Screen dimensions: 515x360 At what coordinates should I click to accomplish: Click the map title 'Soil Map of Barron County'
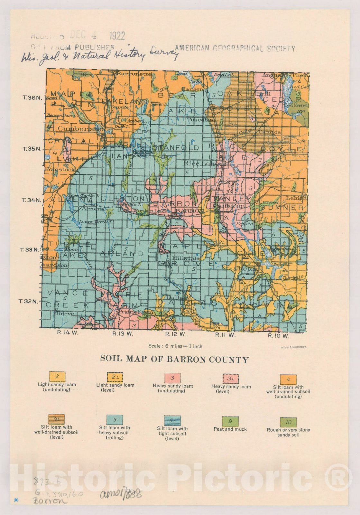click(174, 359)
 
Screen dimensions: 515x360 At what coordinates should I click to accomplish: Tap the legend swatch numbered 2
click(57, 376)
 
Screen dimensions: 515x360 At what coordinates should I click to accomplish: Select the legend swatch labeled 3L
click(231, 379)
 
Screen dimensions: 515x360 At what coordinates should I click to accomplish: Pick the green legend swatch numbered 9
click(230, 421)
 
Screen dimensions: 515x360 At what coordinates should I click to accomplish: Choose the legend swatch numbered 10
click(288, 422)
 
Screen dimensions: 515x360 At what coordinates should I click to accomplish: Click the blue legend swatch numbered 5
click(114, 420)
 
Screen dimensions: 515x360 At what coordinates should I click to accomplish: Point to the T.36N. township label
click(32, 98)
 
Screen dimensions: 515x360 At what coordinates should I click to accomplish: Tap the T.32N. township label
click(28, 302)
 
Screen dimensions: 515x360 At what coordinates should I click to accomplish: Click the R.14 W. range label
click(68, 332)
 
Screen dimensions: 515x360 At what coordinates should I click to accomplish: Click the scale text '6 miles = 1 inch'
click(175, 346)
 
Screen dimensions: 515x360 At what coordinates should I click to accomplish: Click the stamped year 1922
click(117, 36)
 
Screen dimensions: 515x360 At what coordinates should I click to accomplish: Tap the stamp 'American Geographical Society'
click(235, 48)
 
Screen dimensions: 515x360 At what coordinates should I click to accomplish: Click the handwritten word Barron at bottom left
click(50, 501)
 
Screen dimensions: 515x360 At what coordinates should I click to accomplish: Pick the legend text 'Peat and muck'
click(230, 429)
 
